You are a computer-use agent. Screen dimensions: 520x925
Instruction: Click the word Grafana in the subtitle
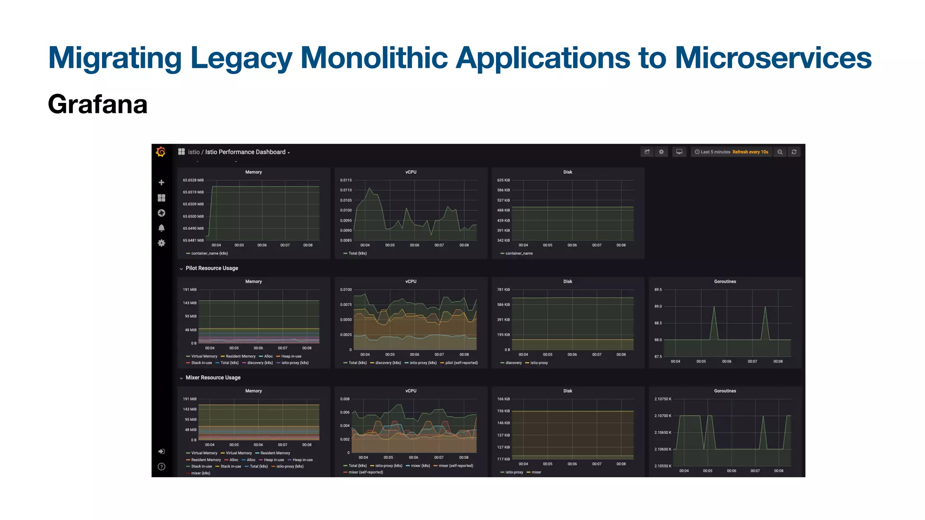[x=98, y=104]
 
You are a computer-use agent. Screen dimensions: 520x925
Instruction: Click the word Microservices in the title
[x=773, y=58]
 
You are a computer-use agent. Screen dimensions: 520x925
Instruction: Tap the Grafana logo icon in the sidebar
[x=161, y=152]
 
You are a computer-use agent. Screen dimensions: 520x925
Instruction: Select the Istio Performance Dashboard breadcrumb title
[x=245, y=152]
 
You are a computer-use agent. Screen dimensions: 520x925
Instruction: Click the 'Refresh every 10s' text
[x=750, y=152]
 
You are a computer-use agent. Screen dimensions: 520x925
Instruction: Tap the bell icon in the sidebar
[x=161, y=228]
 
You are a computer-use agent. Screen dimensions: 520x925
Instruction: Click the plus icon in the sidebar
[x=161, y=182]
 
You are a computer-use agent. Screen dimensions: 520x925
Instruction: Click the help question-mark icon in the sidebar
[x=161, y=467]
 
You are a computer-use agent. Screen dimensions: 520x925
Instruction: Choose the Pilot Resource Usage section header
[x=211, y=268]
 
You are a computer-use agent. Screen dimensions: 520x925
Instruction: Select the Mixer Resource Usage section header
[x=213, y=377]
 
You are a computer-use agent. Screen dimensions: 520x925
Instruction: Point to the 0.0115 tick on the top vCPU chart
[x=346, y=180]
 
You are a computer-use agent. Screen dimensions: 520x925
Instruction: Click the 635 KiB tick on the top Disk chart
[x=503, y=180]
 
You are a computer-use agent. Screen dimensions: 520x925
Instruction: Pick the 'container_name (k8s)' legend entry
[x=209, y=253]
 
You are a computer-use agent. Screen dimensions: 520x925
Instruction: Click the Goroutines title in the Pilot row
[x=724, y=282]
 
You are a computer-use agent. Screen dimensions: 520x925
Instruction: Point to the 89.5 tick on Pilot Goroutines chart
[x=658, y=290]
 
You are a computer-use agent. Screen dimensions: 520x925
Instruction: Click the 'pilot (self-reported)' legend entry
[x=461, y=363]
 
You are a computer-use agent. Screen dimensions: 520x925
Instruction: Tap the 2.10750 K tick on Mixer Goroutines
[x=663, y=399]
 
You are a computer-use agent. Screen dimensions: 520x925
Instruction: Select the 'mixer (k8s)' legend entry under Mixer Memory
[x=201, y=473]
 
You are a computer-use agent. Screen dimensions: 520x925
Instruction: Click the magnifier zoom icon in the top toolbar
[x=780, y=152]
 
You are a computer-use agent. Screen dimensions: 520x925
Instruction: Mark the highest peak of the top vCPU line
[x=369, y=188]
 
